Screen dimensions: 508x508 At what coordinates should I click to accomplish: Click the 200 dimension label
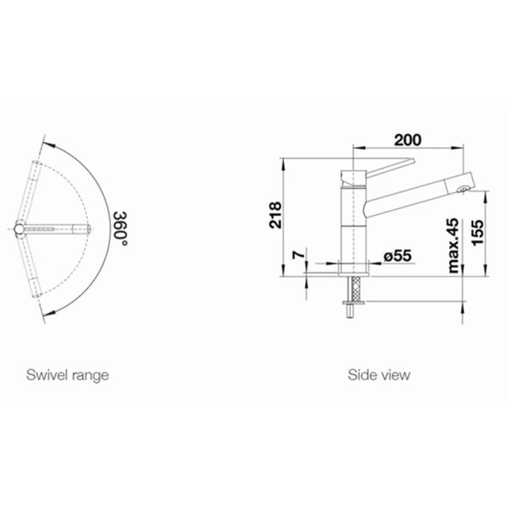(407, 140)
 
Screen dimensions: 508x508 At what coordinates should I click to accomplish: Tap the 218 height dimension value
(275, 215)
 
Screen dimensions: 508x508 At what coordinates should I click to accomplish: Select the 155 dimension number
(478, 233)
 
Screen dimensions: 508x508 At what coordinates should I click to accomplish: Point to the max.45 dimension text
(454, 246)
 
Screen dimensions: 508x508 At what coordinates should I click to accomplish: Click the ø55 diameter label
(398, 256)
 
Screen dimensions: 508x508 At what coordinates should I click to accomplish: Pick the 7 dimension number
(299, 255)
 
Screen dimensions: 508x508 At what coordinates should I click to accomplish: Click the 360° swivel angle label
(120, 229)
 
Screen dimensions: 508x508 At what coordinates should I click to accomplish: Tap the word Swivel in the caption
(47, 375)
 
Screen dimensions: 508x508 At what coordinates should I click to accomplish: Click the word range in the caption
(91, 376)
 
